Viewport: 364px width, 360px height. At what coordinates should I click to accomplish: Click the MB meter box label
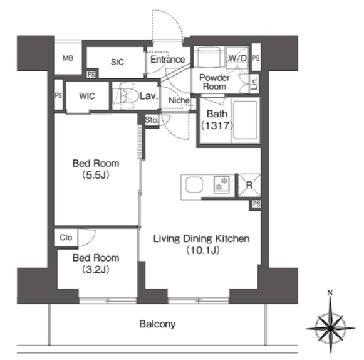pos(68,58)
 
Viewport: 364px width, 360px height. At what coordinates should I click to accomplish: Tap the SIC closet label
pos(117,62)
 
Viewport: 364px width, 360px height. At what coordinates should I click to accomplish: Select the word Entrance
pos(167,60)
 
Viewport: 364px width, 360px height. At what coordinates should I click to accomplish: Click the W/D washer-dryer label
pos(237,58)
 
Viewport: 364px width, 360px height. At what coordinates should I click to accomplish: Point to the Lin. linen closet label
pos(254,83)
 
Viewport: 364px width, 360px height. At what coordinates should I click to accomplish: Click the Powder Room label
pos(214,82)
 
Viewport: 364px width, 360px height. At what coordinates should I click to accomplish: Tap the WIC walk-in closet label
pos(87,96)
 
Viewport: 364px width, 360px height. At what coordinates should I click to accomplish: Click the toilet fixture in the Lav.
pos(125,95)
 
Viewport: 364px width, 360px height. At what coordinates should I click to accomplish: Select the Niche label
pos(179,100)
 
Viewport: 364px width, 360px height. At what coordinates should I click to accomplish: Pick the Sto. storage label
pos(152,120)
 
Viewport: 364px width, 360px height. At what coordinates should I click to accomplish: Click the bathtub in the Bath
pos(246,120)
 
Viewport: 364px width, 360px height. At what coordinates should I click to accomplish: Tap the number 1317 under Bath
pos(217,125)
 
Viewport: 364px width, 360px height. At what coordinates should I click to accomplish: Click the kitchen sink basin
pos(194,185)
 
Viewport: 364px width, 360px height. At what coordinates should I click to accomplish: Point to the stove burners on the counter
pos(221,184)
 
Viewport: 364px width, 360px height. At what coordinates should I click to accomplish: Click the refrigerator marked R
pos(249,185)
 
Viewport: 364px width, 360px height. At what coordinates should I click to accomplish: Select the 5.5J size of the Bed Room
pos(96,175)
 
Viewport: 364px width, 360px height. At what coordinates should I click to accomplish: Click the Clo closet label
pos(66,238)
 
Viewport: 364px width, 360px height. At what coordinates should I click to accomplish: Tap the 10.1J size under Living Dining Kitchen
pos(202,250)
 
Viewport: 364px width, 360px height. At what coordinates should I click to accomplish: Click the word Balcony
pos(157,324)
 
